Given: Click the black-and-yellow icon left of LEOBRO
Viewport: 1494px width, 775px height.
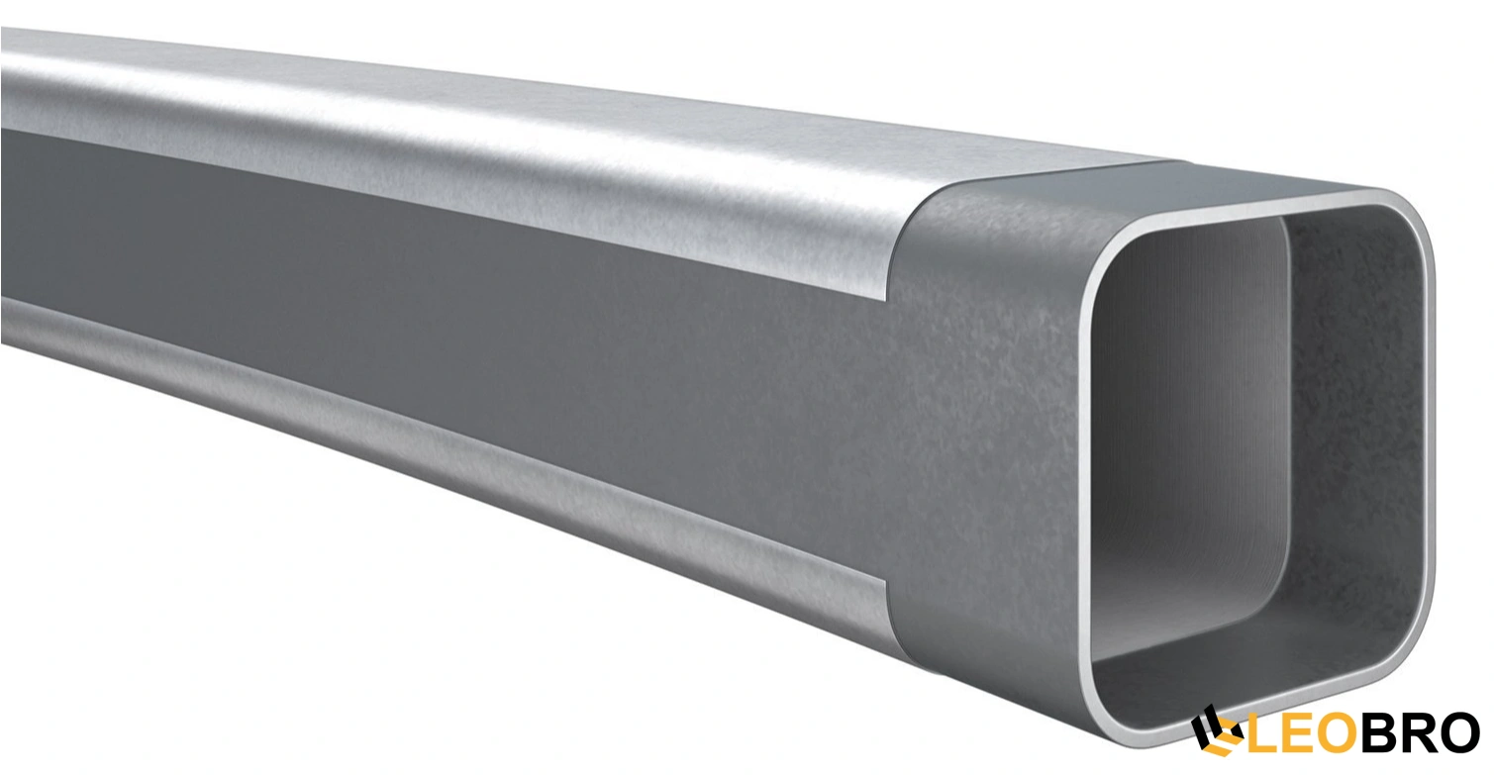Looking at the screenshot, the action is point(1215,731).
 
